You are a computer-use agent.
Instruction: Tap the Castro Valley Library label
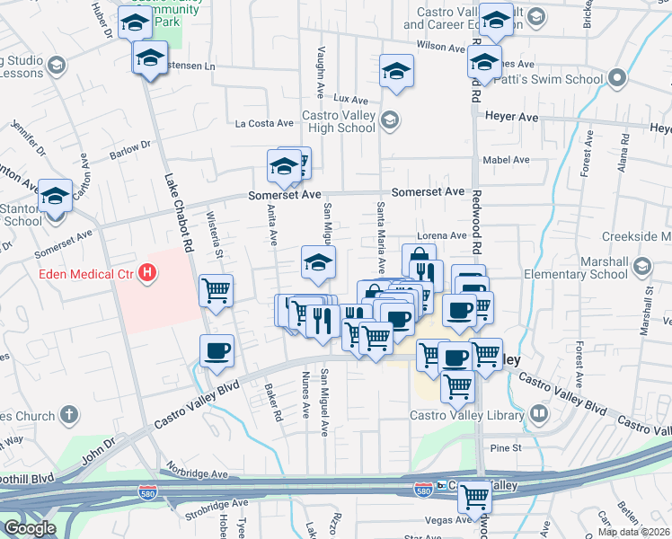pos(466,415)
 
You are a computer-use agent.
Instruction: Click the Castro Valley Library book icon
pos(539,414)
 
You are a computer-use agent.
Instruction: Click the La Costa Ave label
pos(264,123)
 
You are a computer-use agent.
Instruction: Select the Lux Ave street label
pos(351,99)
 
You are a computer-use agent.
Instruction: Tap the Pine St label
pos(506,447)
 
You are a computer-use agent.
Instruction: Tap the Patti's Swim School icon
pos(617,79)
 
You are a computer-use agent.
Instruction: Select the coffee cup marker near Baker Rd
pos(217,350)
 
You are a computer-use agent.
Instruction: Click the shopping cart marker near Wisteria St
pos(216,290)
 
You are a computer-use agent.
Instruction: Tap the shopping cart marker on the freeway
pos(474,496)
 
